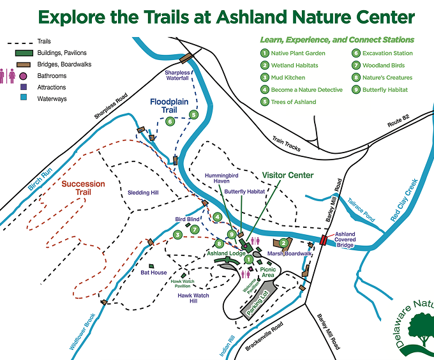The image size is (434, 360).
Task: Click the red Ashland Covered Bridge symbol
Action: click(323, 240)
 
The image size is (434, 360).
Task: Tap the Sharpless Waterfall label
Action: click(177, 75)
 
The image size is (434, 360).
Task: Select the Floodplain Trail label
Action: click(169, 106)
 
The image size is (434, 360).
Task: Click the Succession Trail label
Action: click(84, 188)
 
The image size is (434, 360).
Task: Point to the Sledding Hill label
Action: click(143, 193)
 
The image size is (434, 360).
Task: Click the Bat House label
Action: click(154, 273)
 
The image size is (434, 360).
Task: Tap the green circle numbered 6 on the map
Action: click(170, 121)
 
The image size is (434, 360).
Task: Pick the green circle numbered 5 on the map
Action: click(194, 114)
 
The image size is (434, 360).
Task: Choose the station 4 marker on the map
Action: click(217, 216)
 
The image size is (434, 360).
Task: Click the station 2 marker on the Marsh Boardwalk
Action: click(283, 243)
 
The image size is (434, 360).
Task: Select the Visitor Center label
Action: click(288, 175)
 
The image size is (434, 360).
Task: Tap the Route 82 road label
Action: click(398, 121)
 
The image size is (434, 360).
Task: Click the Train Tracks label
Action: click(286, 144)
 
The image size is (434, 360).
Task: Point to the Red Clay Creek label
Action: click(405, 200)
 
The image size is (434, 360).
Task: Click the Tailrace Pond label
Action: click(361, 210)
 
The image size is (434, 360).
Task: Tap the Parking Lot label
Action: click(257, 303)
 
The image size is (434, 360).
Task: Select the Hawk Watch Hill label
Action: click(193, 298)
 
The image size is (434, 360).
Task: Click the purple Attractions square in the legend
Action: click(24, 87)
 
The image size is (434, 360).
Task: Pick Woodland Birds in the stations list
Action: click(384, 65)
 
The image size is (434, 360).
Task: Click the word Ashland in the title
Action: click(251, 17)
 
